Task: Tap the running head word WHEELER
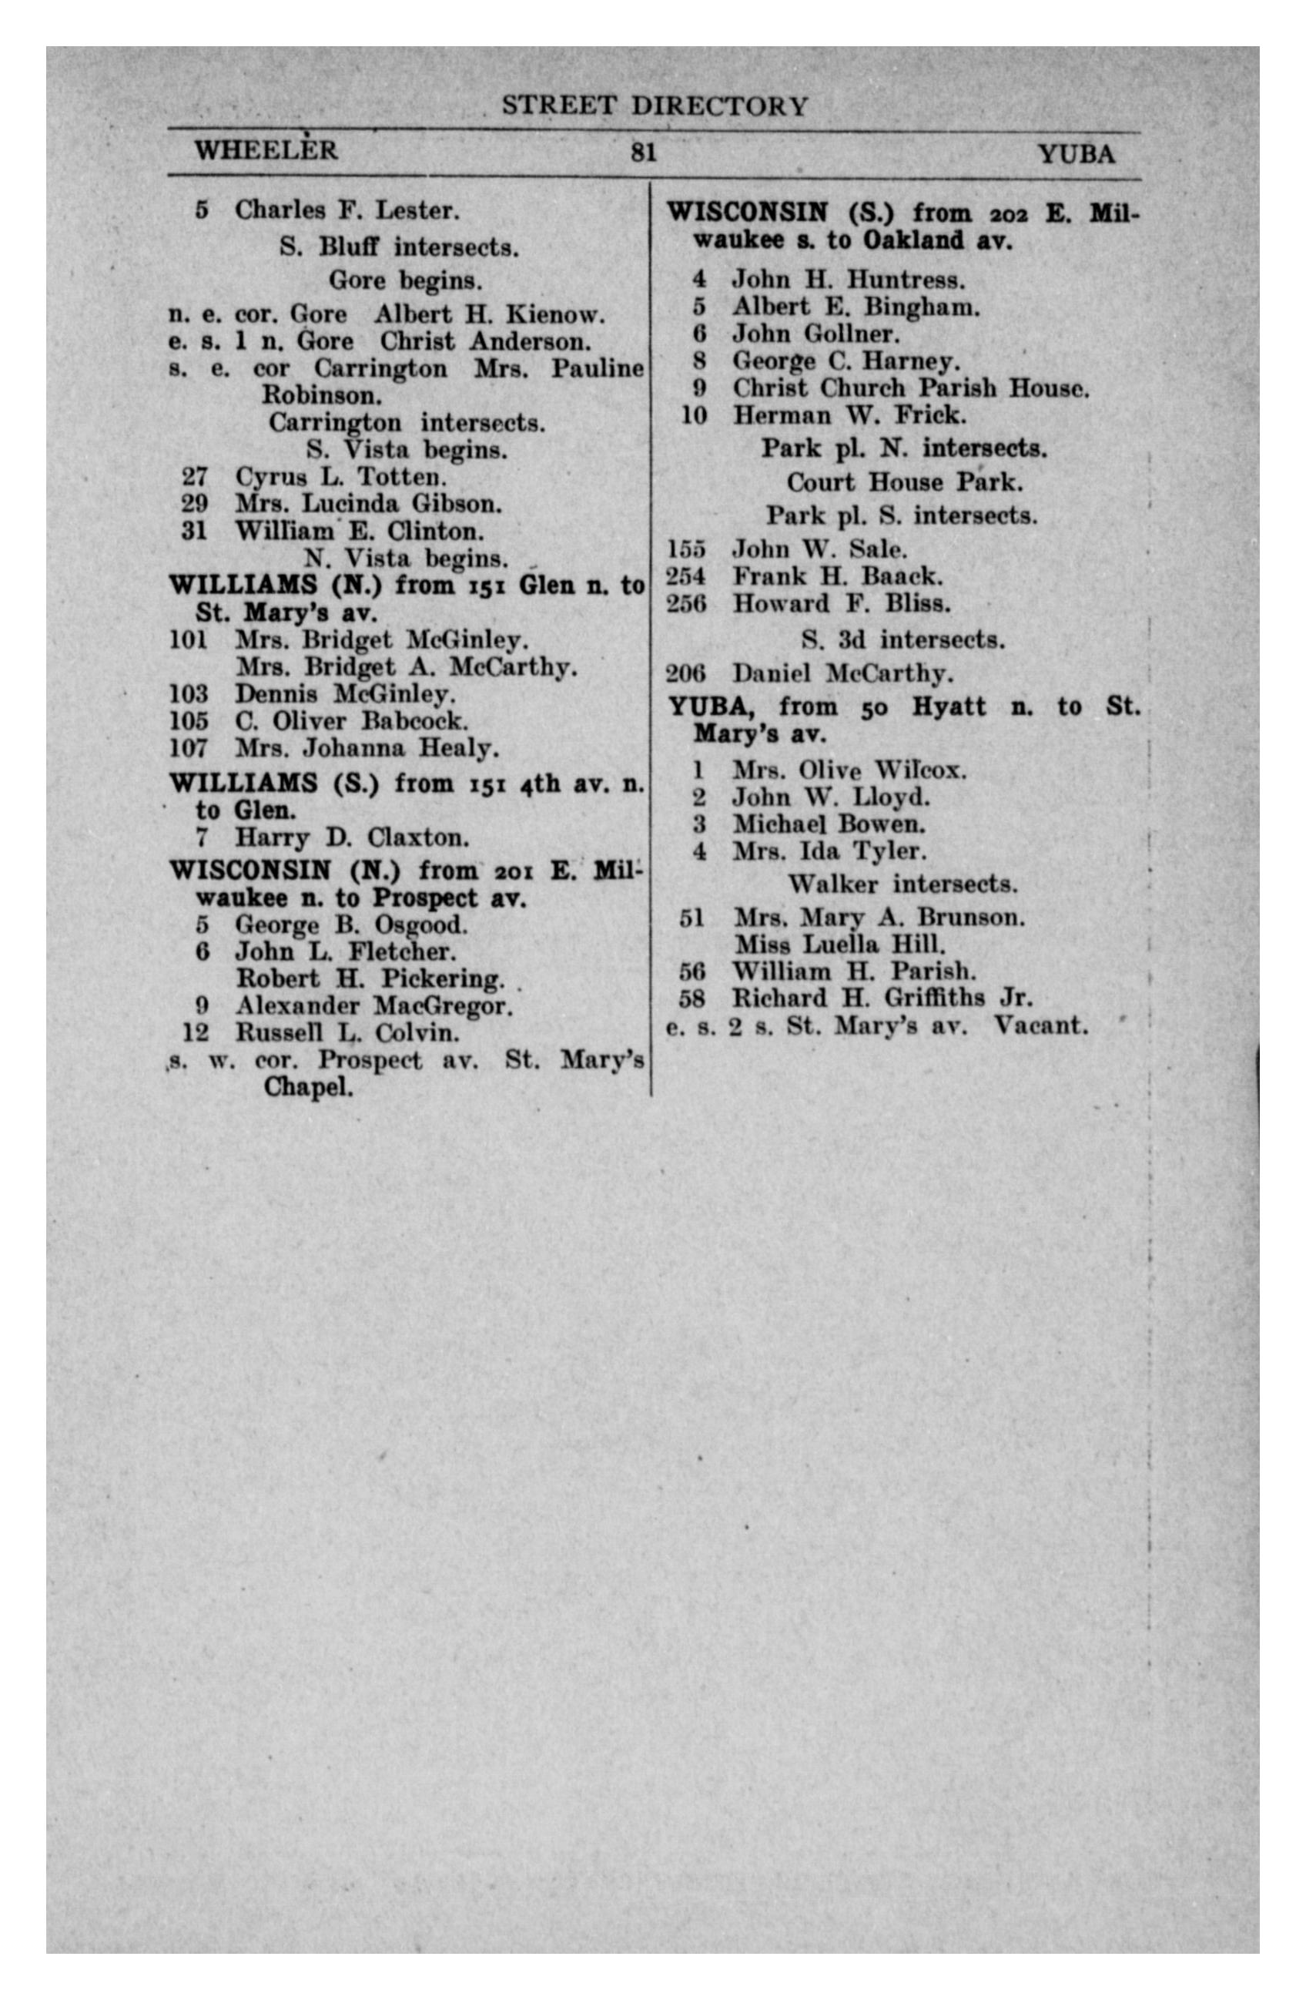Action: (x=266, y=150)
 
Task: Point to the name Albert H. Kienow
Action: (x=489, y=315)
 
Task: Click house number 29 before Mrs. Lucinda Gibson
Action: (x=195, y=504)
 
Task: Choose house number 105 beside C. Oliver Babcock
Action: (x=188, y=721)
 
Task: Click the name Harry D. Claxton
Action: (x=351, y=837)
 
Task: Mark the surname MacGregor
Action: (x=442, y=1006)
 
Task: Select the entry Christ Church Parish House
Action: (x=910, y=388)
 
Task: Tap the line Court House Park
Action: (x=904, y=482)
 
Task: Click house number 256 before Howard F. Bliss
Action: (x=686, y=603)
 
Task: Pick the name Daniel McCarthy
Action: (x=842, y=674)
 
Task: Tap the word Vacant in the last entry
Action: (x=1040, y=1026)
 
